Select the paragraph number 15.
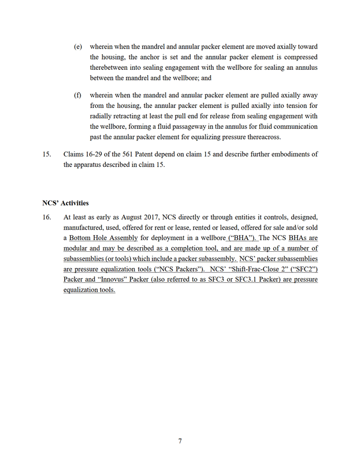coord(47,154)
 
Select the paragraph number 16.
coord(47,217)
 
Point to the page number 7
coord(180,441)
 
